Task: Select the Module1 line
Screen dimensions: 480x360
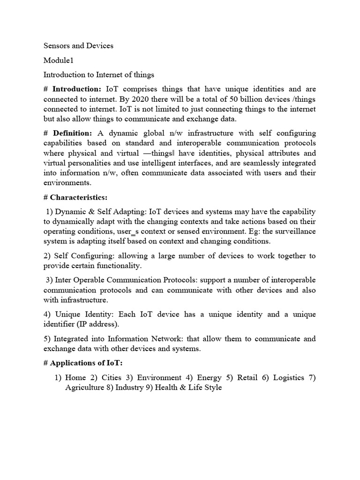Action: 59,60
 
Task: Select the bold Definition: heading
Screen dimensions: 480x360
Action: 72,134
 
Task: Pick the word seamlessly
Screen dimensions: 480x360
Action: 259,163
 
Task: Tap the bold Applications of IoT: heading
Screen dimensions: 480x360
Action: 79,363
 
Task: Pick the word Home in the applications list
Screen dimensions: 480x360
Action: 75,378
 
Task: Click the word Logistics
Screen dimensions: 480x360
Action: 289,378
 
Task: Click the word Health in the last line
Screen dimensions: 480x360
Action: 165,388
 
